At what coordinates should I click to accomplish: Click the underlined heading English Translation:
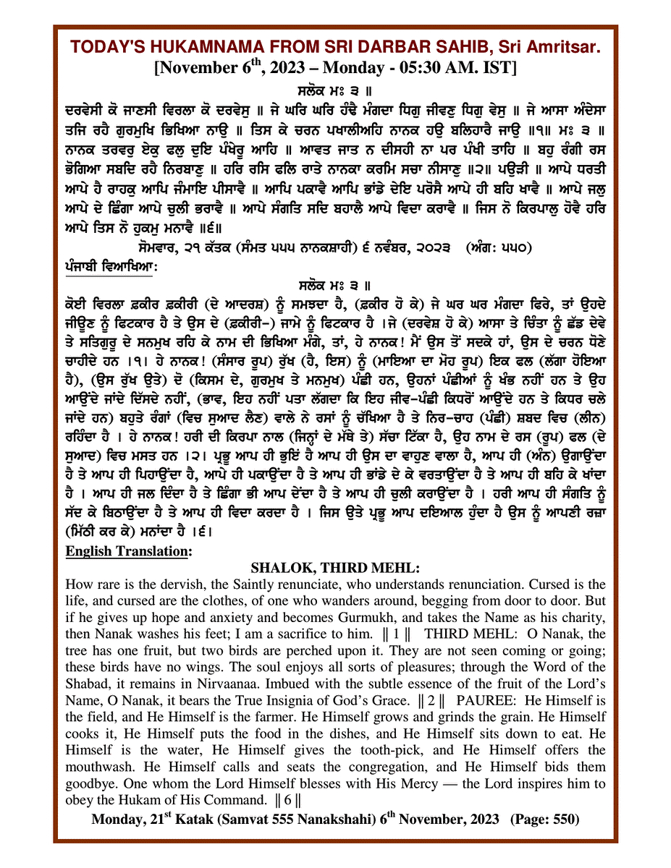tap(127, 551)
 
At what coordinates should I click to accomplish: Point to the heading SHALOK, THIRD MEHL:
tap(334, 568)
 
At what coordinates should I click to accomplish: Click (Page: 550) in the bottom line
tap(545, 819)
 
